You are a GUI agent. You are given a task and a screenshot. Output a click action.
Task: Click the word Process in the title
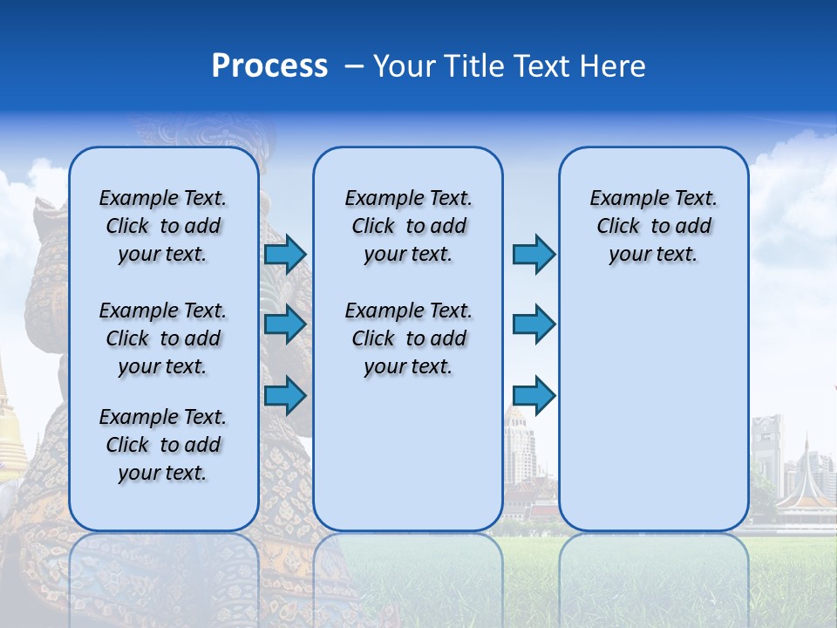[269, 66]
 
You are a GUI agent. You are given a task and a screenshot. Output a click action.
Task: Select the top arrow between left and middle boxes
[285, 254]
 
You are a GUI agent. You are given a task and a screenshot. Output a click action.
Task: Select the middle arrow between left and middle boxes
[285, 324]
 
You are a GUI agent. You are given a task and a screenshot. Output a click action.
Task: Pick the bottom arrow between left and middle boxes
[285, 395]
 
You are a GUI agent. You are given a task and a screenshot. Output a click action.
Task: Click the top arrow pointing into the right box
[534, 254]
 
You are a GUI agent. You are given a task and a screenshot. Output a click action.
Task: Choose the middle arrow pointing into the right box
[534, 324]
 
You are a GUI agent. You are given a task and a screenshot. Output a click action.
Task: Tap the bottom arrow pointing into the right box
[534, 395]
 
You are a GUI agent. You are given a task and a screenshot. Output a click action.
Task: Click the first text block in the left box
[163, 226]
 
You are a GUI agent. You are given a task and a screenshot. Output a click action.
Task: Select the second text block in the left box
[163, 338]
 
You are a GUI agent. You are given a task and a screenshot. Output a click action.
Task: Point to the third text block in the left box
[163, 445]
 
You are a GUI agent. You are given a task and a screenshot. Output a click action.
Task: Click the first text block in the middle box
[408, 226]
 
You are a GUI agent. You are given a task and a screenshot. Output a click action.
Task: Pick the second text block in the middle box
[408, 338]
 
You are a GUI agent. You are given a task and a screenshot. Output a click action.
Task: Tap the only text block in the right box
[653, 226]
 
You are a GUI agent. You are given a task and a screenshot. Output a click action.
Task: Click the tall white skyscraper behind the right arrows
[521, 445]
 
